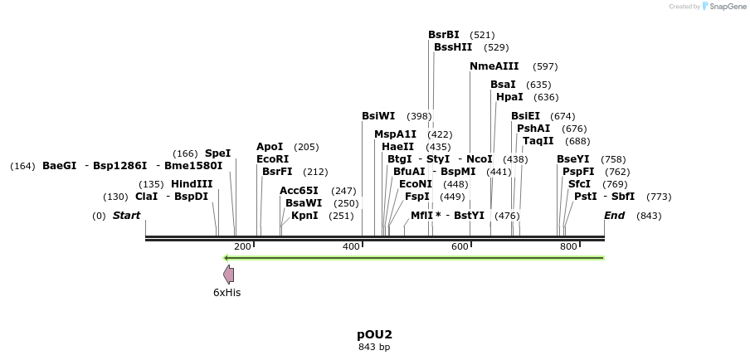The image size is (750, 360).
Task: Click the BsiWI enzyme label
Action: point(378,116)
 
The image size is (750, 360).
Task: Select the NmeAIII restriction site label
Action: point(494,66)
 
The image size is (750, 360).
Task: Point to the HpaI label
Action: point(509,97)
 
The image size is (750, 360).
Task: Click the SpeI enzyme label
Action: point(217,153)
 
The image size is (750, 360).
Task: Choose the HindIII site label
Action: point(192,184)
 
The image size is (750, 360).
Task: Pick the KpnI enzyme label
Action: point(304,216)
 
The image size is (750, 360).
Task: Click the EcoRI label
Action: point(272,159)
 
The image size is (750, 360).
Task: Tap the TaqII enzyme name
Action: point(538,141)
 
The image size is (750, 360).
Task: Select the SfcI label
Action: point(579,184)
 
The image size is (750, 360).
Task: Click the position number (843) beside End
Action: point(649,216)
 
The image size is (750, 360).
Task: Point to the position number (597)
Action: point(545,66)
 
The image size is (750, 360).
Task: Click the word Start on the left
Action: point(126,216)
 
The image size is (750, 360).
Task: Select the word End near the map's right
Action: point(614,216)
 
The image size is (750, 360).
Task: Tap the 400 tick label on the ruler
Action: point(352,246)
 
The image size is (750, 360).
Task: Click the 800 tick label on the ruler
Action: point(568,246)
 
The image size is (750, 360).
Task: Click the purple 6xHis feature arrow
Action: point(228,275)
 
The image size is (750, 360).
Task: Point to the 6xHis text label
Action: point(226,292)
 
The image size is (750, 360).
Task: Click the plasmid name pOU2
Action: point(374,334)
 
